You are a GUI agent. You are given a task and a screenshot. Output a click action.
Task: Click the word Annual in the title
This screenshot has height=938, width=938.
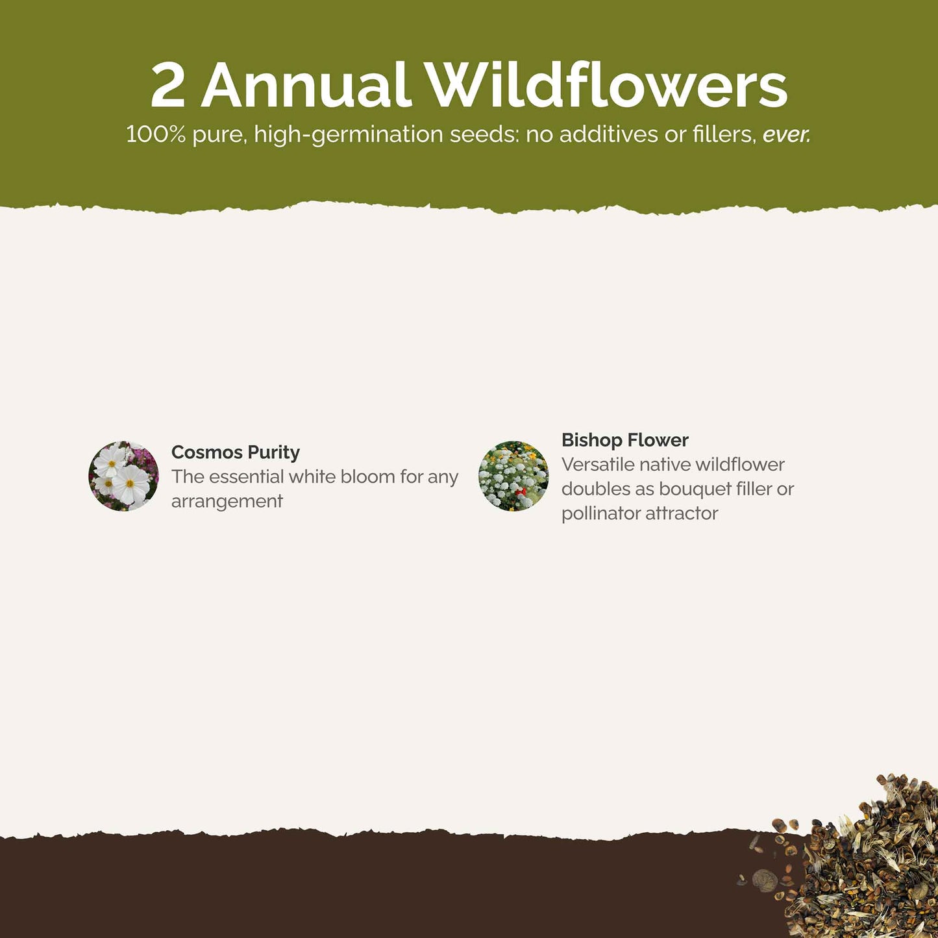click(306, 84)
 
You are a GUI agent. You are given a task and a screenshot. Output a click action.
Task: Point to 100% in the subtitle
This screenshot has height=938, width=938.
click(156, 134)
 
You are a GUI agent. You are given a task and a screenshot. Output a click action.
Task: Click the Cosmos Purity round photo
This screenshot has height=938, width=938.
click(123, 476)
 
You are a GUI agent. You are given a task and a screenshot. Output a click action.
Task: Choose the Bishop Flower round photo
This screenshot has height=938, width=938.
click(513, 476)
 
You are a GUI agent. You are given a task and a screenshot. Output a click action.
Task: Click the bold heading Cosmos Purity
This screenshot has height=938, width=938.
click(236, 452)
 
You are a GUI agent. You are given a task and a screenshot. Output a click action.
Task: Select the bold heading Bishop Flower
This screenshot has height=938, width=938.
click(625, 440)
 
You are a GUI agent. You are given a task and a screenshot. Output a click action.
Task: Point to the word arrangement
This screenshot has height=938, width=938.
click(227, 502)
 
